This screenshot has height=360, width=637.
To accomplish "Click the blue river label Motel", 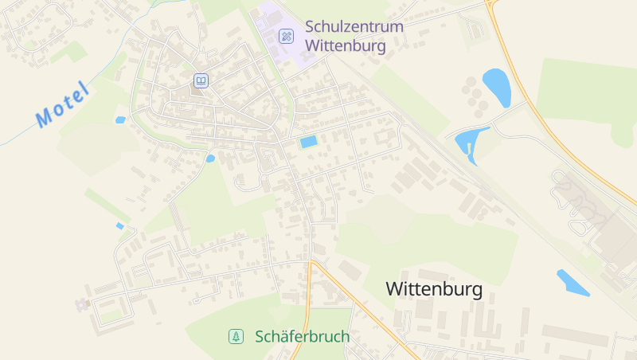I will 62,104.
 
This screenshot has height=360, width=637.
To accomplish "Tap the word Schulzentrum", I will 354,26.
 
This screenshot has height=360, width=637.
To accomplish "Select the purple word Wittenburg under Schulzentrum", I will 345,45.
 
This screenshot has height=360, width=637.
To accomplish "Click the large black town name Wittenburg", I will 434,289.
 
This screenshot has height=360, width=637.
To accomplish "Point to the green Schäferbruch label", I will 302,337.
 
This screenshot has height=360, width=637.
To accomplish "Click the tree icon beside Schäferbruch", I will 236,337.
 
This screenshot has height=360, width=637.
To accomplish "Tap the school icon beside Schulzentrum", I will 286,36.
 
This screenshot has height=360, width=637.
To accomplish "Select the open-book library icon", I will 201,80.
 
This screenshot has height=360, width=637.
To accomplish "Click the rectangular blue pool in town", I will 308,142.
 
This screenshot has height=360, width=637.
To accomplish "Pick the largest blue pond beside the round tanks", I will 496,86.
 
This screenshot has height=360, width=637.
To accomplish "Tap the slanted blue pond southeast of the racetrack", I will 573,283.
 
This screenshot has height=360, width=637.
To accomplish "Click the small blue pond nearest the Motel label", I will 120,120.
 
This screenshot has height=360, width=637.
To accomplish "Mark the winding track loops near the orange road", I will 577,203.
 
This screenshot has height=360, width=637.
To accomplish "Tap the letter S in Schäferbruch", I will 260,337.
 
